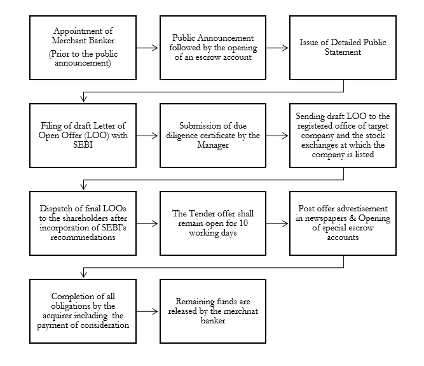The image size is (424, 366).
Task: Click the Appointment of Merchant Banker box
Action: click(83, 47)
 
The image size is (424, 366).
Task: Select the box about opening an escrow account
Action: click(212, 47)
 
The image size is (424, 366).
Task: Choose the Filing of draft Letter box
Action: click(83, 136)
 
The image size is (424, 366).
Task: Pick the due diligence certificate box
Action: click(212, 136)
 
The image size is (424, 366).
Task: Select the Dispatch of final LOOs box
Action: click(83, 223)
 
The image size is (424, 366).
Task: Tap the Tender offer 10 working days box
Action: click(212, 223)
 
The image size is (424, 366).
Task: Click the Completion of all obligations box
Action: click(83, 311)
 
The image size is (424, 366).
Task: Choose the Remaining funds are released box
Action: click(212, 311)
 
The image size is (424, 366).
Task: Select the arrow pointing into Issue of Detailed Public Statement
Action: click(277, 47)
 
